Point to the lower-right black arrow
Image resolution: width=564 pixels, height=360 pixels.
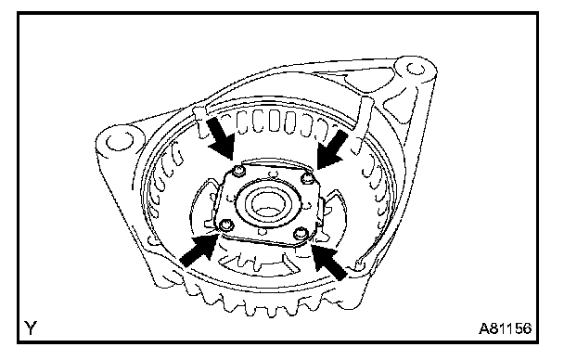329,260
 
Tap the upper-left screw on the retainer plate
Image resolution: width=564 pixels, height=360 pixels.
238,172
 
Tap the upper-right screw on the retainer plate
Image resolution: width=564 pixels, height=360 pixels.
307,177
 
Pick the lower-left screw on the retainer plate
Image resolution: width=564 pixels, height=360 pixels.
226,225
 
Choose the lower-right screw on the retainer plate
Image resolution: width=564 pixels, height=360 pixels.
301,235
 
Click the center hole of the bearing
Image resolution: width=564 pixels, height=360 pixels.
268,205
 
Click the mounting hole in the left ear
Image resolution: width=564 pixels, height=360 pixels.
120,141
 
